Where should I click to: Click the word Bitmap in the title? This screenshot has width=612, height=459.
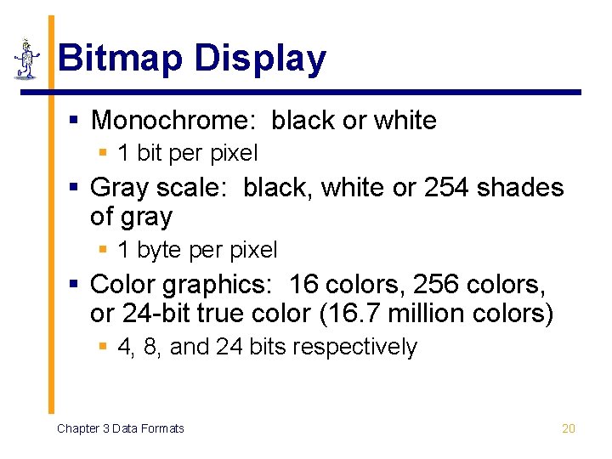tap(120, 59)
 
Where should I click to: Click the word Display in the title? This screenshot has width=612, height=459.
tap(259, 59)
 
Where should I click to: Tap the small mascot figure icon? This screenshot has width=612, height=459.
tap(26, 59)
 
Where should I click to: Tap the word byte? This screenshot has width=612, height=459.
tap(154, 250)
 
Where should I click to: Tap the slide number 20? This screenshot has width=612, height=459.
tap(569, 428)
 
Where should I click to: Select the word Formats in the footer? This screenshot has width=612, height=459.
tap(162, 428)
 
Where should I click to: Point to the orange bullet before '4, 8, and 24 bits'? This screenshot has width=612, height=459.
tap(103, 347)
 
